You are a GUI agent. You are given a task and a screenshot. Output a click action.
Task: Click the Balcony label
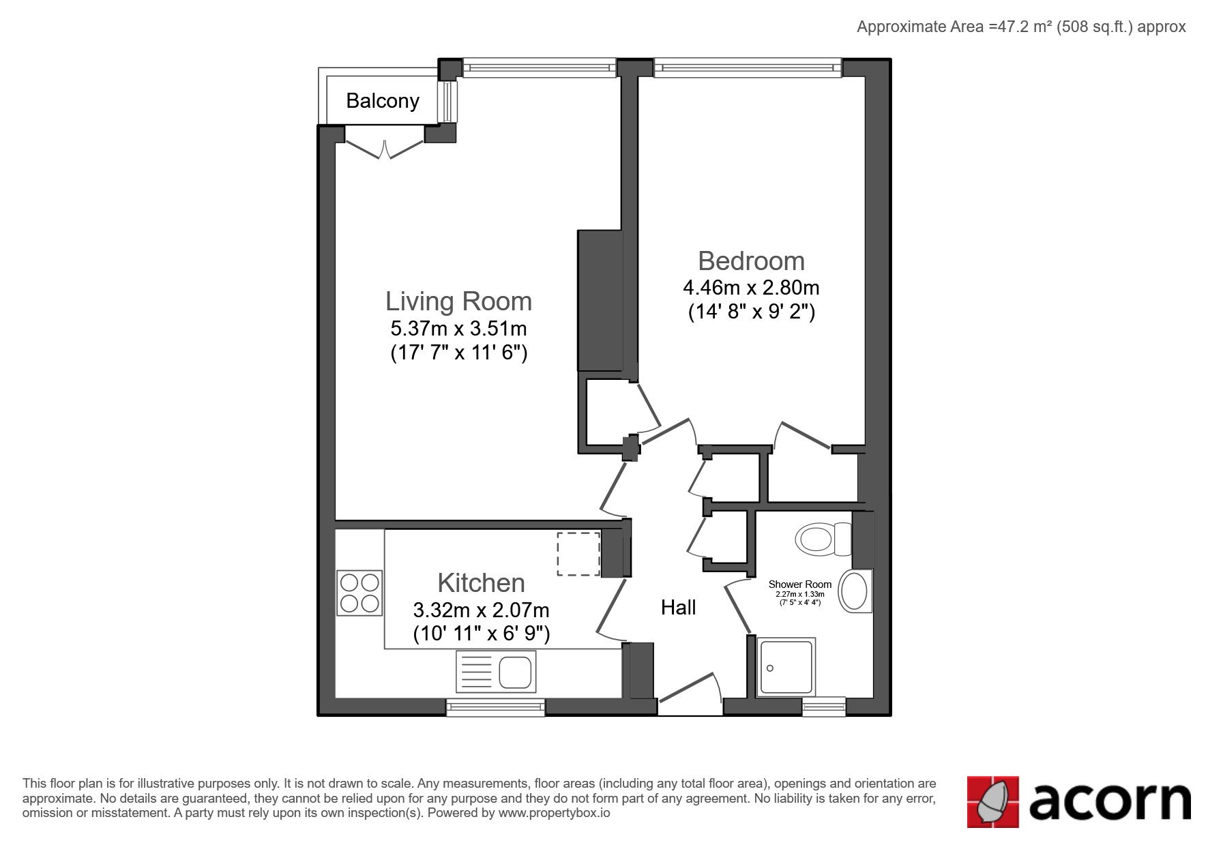[x=383, y=101]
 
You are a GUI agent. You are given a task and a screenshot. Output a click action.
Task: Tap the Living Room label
[x=458, y=301]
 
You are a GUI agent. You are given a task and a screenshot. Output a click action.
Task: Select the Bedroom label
[x=751, y=261]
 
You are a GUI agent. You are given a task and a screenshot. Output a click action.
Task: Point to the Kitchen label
[x=481, y=583]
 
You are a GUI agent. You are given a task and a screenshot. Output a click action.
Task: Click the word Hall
[x=678, y=608]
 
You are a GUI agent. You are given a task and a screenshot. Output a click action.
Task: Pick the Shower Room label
[x=800, y=584]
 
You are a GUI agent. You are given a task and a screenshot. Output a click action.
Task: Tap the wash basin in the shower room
[x=855, y=591]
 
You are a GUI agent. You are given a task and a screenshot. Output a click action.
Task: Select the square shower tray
[x=786, y=667]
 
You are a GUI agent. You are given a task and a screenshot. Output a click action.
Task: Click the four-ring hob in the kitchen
[x=359, y=593]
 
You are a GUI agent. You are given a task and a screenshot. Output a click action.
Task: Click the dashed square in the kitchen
[x=578, y=554]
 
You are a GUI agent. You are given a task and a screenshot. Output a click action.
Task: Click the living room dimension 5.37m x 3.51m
[x=458, y=329]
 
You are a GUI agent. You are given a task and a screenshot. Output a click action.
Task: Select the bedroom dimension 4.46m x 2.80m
[x=751, y=287]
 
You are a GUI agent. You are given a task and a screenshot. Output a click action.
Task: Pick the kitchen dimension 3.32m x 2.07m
[x=481, y=610]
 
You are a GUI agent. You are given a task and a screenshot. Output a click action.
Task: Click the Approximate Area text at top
[x=1021, y=27]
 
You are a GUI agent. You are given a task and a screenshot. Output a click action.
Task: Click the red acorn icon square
[x=993, y=802]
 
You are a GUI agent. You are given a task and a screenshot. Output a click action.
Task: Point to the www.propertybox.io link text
[x=554, y=813]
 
